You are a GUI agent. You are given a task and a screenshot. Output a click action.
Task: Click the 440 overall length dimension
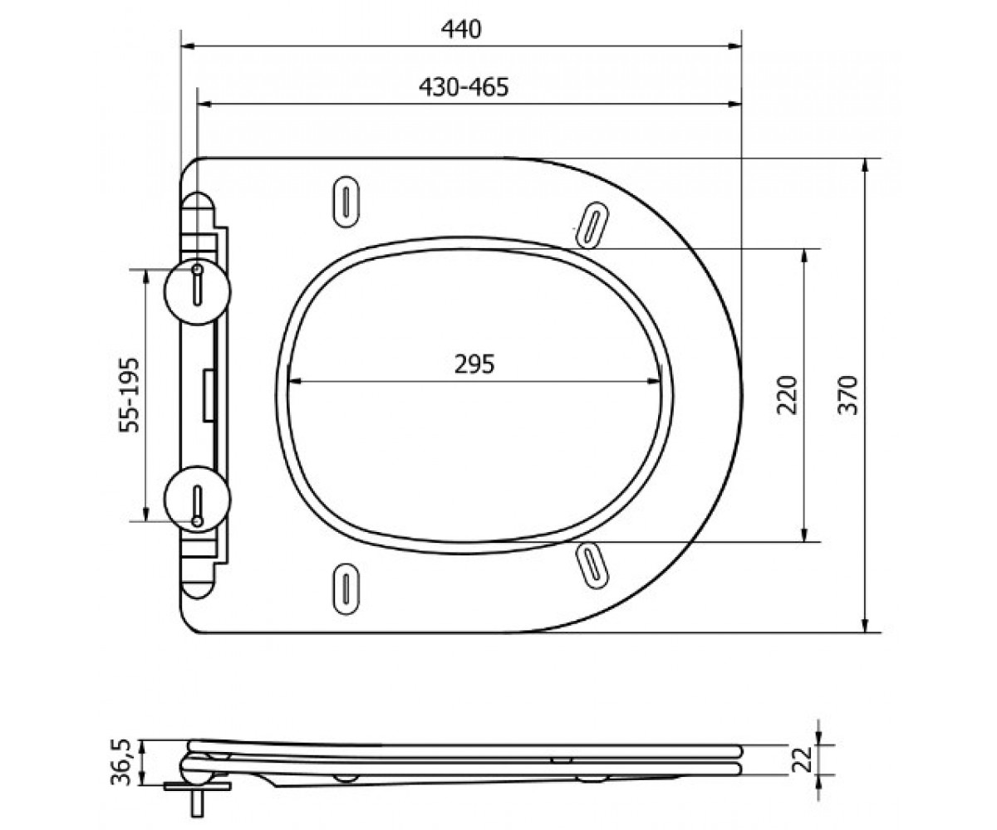[461, 30]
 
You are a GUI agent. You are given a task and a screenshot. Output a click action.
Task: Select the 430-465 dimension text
[464, 87]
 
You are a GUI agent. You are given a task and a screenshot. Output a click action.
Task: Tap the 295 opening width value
[474, 364]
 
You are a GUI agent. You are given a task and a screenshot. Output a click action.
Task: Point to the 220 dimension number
[787, 395]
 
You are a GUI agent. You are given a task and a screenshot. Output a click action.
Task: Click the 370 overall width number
[848, 395]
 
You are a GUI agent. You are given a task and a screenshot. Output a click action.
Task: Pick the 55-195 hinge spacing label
[130, 395]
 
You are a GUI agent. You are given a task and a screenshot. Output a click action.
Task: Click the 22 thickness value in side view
[803, 759]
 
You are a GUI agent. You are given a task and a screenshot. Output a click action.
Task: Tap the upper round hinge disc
[197, 291]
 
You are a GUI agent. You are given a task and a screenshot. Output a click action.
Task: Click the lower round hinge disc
[197, 499]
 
